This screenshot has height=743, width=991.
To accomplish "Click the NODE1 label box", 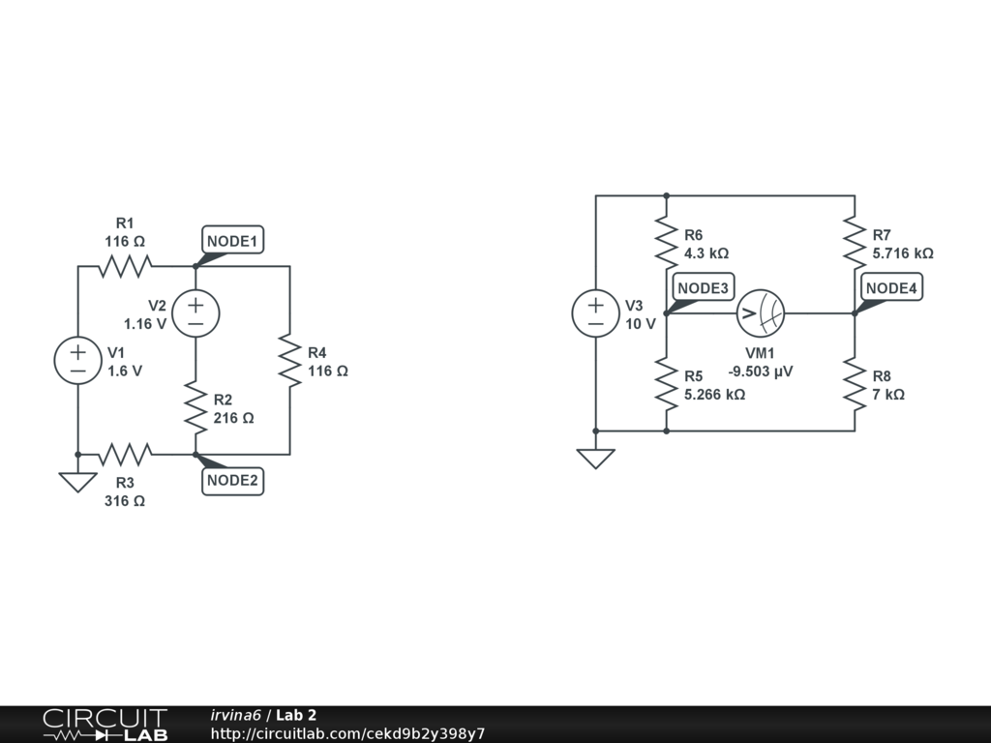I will pos(233,240).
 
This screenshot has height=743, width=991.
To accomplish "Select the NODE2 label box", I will pos(233,481).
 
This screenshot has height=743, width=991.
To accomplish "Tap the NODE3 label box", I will pos(704,287).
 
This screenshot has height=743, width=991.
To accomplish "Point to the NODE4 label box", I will pos(892,287).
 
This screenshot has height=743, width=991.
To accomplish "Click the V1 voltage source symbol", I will pos(77,361).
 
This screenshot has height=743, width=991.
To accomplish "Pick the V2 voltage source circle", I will pos(195,313).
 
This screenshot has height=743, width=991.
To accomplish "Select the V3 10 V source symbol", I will pos(595,313).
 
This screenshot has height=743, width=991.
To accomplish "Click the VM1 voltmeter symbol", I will pos(760,313).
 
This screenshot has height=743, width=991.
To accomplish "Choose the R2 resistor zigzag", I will pos(195,409).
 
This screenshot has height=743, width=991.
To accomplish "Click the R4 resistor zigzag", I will pos(289,360).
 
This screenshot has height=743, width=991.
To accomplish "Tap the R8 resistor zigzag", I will pos(855,384).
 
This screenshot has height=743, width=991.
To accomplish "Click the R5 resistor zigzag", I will pos(666,384).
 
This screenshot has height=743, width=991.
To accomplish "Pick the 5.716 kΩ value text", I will pos(903,253).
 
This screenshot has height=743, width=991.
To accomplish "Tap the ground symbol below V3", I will pos(595,458).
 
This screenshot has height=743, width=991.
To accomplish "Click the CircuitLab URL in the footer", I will pos(347,733).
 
